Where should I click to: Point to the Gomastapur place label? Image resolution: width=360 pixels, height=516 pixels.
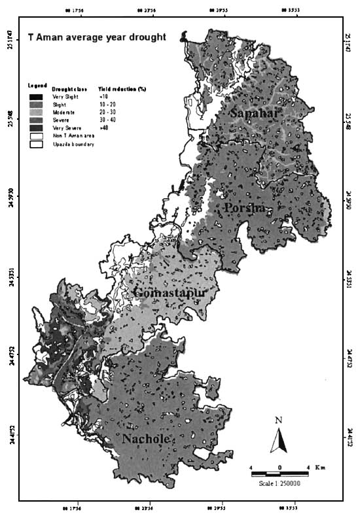170,294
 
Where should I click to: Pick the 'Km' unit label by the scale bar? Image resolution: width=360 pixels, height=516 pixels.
319,468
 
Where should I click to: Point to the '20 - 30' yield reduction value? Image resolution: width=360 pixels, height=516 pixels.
108,112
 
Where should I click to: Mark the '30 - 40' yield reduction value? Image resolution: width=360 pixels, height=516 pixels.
108,120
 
